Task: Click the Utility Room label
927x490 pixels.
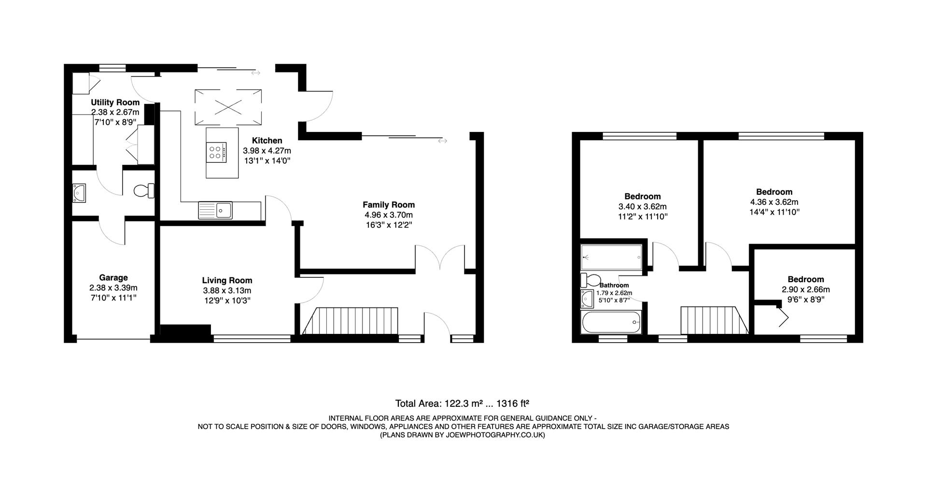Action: tap(115, 102)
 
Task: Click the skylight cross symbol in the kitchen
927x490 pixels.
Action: tap(228, 107)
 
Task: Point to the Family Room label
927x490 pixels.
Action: tap(389, 205)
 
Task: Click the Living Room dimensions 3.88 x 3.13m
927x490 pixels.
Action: tap(227, 290)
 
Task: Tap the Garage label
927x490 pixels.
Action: tap(113, 277)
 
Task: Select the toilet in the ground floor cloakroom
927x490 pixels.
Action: tap(143, 190)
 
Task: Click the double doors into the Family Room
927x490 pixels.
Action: tap(440, 257)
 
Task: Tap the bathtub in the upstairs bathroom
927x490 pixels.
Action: tap(611, 322)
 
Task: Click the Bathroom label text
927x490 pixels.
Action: tap(614, 285)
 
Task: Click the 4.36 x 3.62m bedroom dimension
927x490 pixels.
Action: tap(774, 202)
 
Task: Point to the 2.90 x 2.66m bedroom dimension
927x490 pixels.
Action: tap(805, 289)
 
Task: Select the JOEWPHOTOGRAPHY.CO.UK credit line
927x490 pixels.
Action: tap(463, 435)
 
